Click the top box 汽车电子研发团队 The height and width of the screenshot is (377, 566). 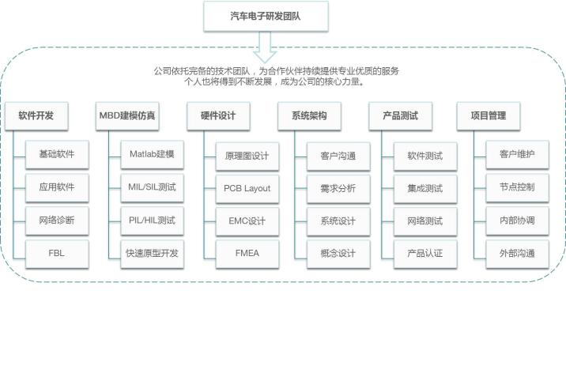pyautogui.click(x=266, y=17)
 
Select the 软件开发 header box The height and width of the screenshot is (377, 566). pyautogui.click(x=36, y=116)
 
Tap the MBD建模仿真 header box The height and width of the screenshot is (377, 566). pyautogui.click(x=127, y=116)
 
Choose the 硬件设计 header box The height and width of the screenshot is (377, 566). pyautogui.click(x=218, y=116)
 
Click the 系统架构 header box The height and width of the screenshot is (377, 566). pyautogui.click(x=309, y=116)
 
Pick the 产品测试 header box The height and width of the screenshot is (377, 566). pyautogui.click(x=400, y=116)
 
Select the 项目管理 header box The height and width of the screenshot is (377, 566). pyautogui.click(x=489, y=116)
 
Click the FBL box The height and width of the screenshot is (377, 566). pyautogui.click(x=57, y=254)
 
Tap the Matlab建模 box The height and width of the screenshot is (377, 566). pyautogui.click(x=152, y=154)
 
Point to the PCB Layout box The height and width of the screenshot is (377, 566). pyautogui.click(x=247, y=189)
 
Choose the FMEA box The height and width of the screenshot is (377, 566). pyautogui.click(x=247, y=254)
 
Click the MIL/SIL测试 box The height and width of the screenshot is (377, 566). pyautogui.click(x=152, y=187)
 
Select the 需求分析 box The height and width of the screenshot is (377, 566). pyautogui.click(x=338, y=189)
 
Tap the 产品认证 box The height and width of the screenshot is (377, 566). pyautogui.click(x=425, y=254)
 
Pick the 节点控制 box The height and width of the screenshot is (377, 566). pyautogui.click(x=517, y=187)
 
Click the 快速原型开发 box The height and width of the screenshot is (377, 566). pyautogui.click(x=152, y=254)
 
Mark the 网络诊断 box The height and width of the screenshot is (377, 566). pyautogui.click(x=57, y=221)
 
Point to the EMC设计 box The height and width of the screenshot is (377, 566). pyautogui.click(x=247, y=221)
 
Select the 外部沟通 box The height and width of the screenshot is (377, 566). pyautogui.click(x=517, y=254)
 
